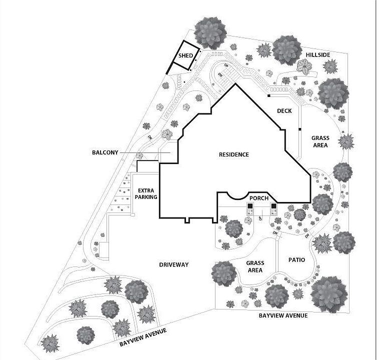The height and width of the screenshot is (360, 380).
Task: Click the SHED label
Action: (185, 55)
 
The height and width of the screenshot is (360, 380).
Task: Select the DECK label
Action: (283, 111)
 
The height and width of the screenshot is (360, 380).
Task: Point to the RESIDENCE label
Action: (233, 154)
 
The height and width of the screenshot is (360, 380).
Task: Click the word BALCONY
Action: (104, 152)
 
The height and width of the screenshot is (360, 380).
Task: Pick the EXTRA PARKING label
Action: (146, 193)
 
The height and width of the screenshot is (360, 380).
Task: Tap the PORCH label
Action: (260, 198)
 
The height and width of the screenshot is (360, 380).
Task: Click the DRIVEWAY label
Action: (173, 264)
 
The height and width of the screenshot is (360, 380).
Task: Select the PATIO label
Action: (297, 260)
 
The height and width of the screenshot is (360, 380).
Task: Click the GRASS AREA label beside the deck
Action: (320, 141)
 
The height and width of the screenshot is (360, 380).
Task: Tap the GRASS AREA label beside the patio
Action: (255, 266)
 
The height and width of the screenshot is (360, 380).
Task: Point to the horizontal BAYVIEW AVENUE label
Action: (283, 316)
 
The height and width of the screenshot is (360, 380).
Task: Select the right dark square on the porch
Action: (273, 206)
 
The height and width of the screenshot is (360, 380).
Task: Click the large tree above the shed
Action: (210, 31)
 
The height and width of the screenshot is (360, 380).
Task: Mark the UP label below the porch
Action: (260, 218)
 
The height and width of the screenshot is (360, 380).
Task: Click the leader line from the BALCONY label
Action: (145, 152)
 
